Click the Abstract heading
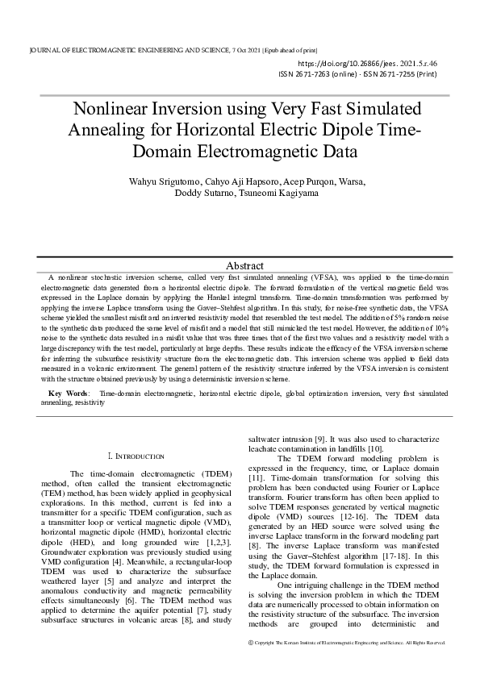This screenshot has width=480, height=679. point(244,265)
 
